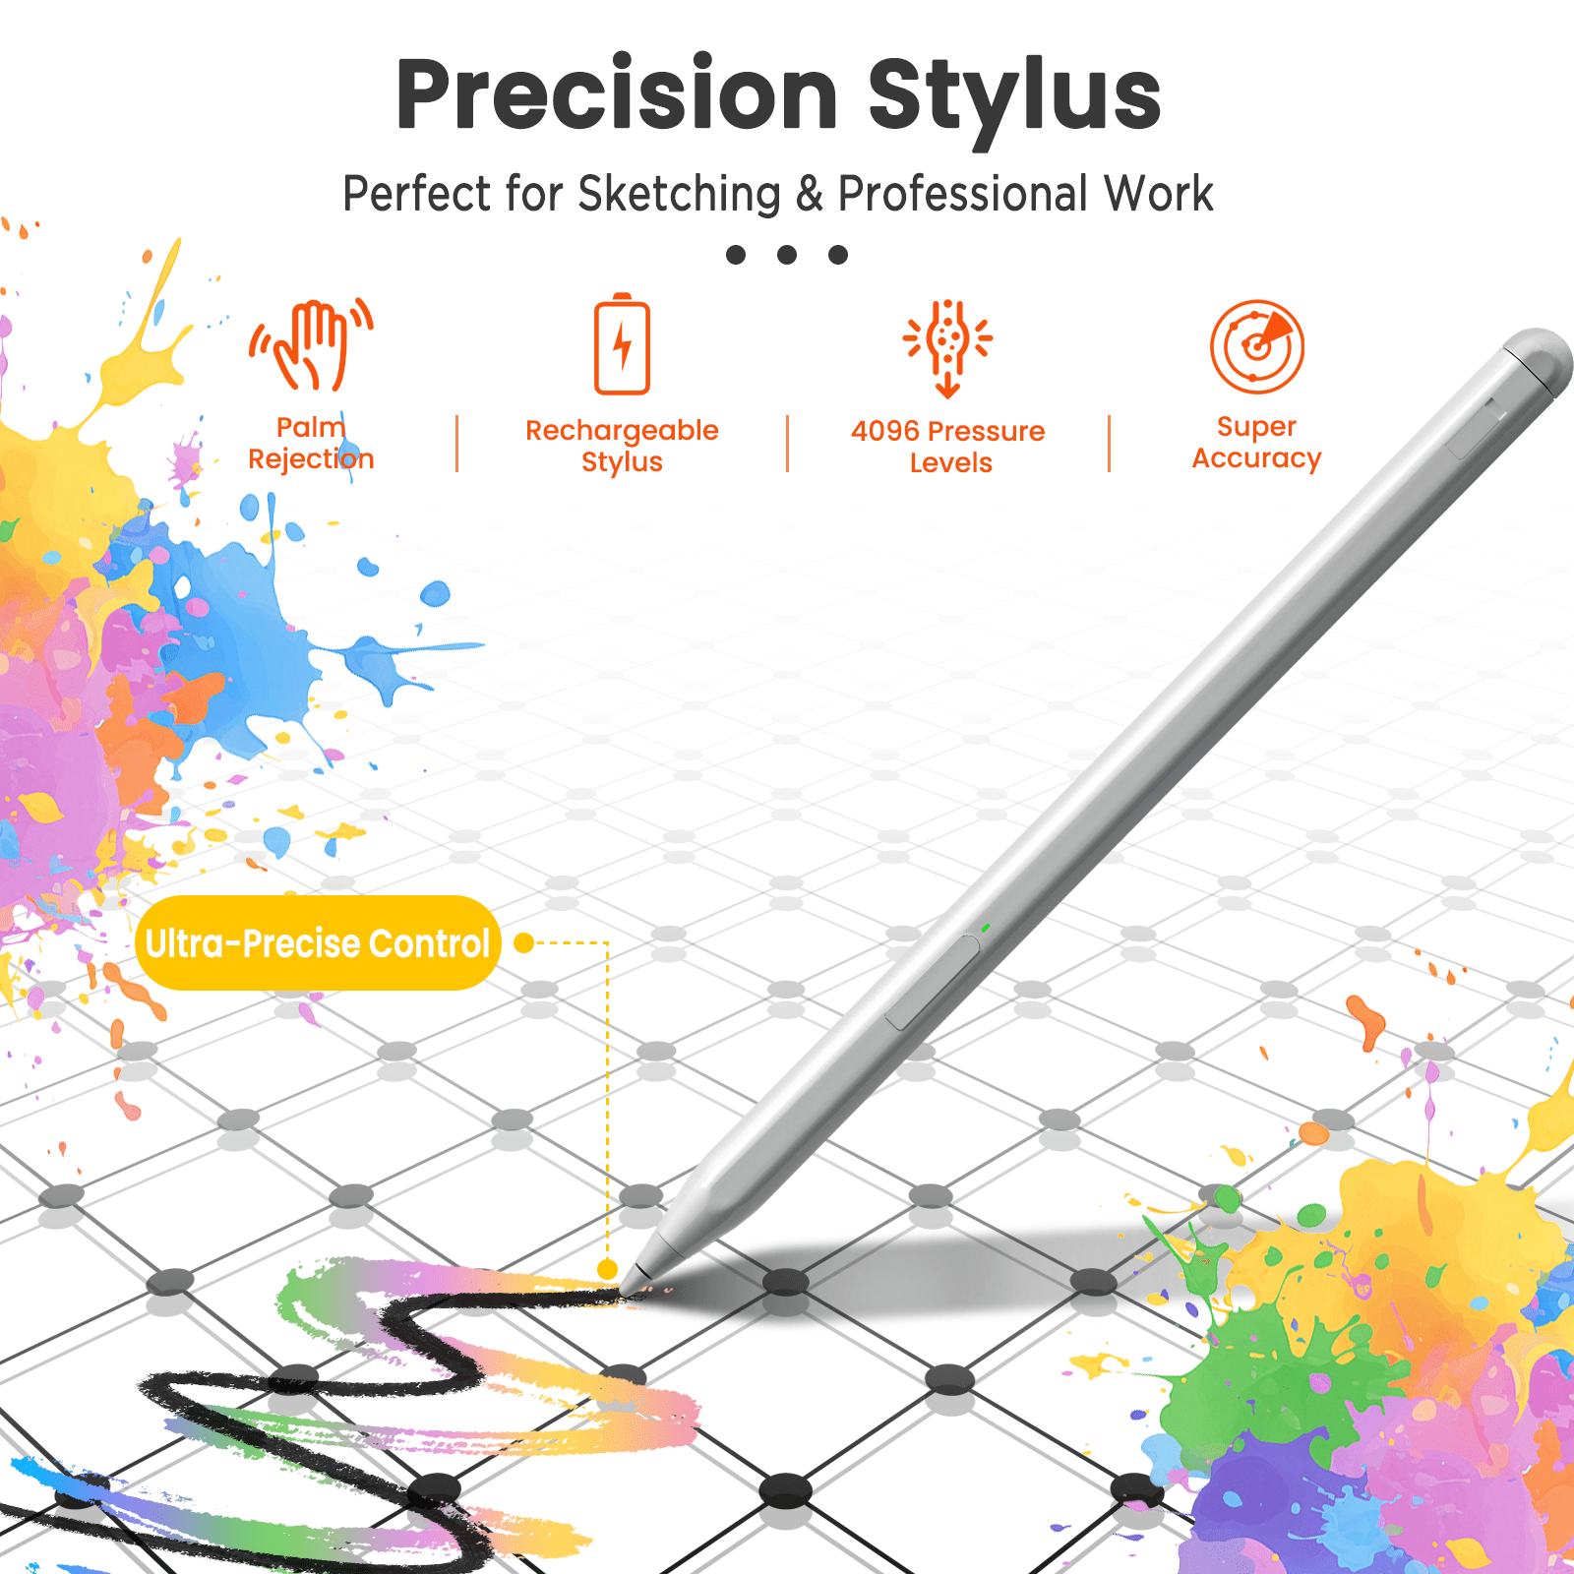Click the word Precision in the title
tap(617, 94)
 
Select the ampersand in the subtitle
tap(810, 194)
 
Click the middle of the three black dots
tap(787, 255)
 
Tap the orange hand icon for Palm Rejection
tap(312, 344)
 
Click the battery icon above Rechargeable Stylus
tap(622, 344)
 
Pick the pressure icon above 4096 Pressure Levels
tap(948, 348)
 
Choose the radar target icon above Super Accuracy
tap(1257, 346)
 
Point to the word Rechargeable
tap(622, 431)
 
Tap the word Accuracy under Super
tap(1257, 459)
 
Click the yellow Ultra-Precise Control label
tap(318, 943)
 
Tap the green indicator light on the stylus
tap(985, 928)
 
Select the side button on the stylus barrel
tap(932, 982)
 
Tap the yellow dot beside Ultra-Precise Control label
tap(524, 943)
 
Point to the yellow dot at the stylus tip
tap(608, 1269)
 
